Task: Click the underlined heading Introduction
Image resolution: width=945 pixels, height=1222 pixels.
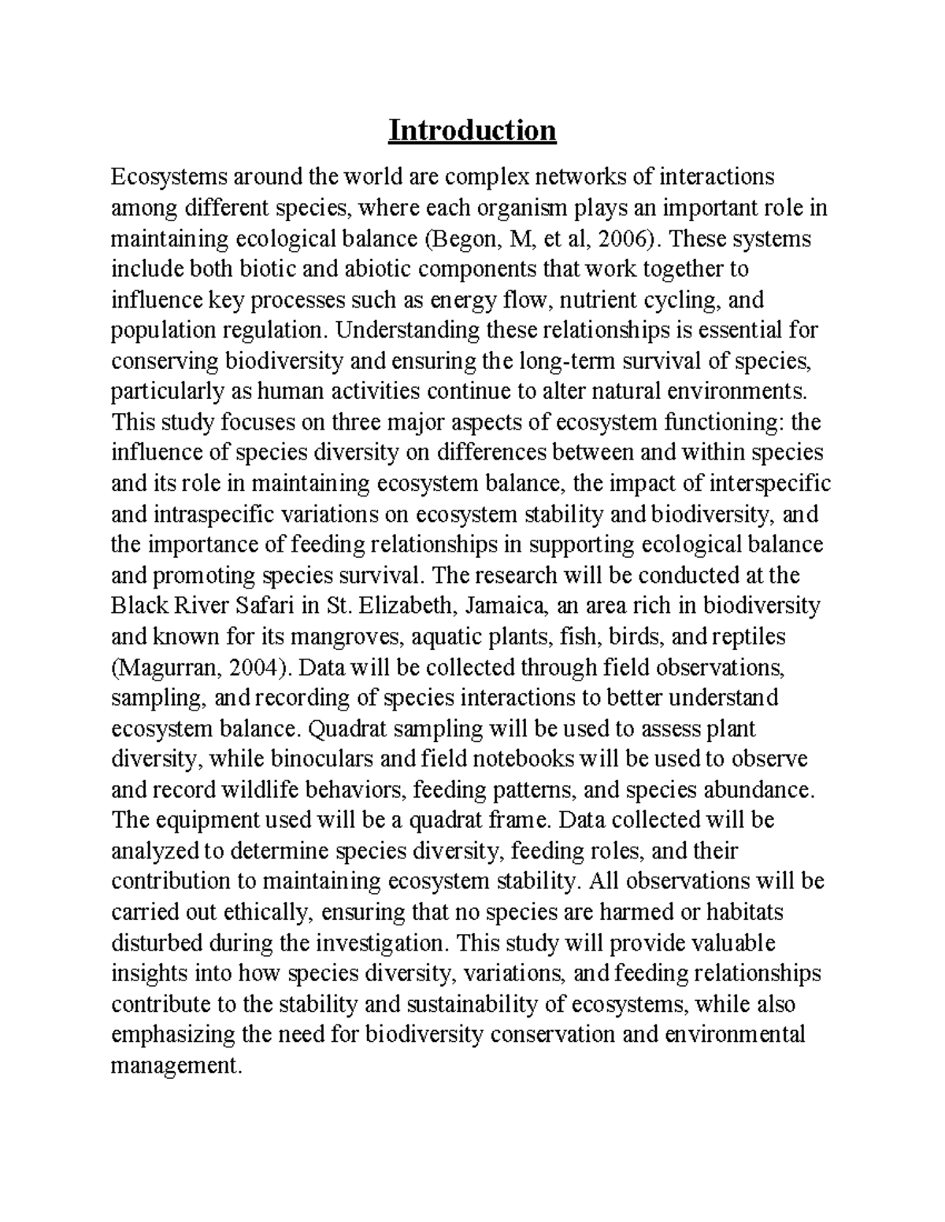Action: pyautogui.click(x=472, y=131)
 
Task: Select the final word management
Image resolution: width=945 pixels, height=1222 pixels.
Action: pyautogui.click(x=174, y=1066)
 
